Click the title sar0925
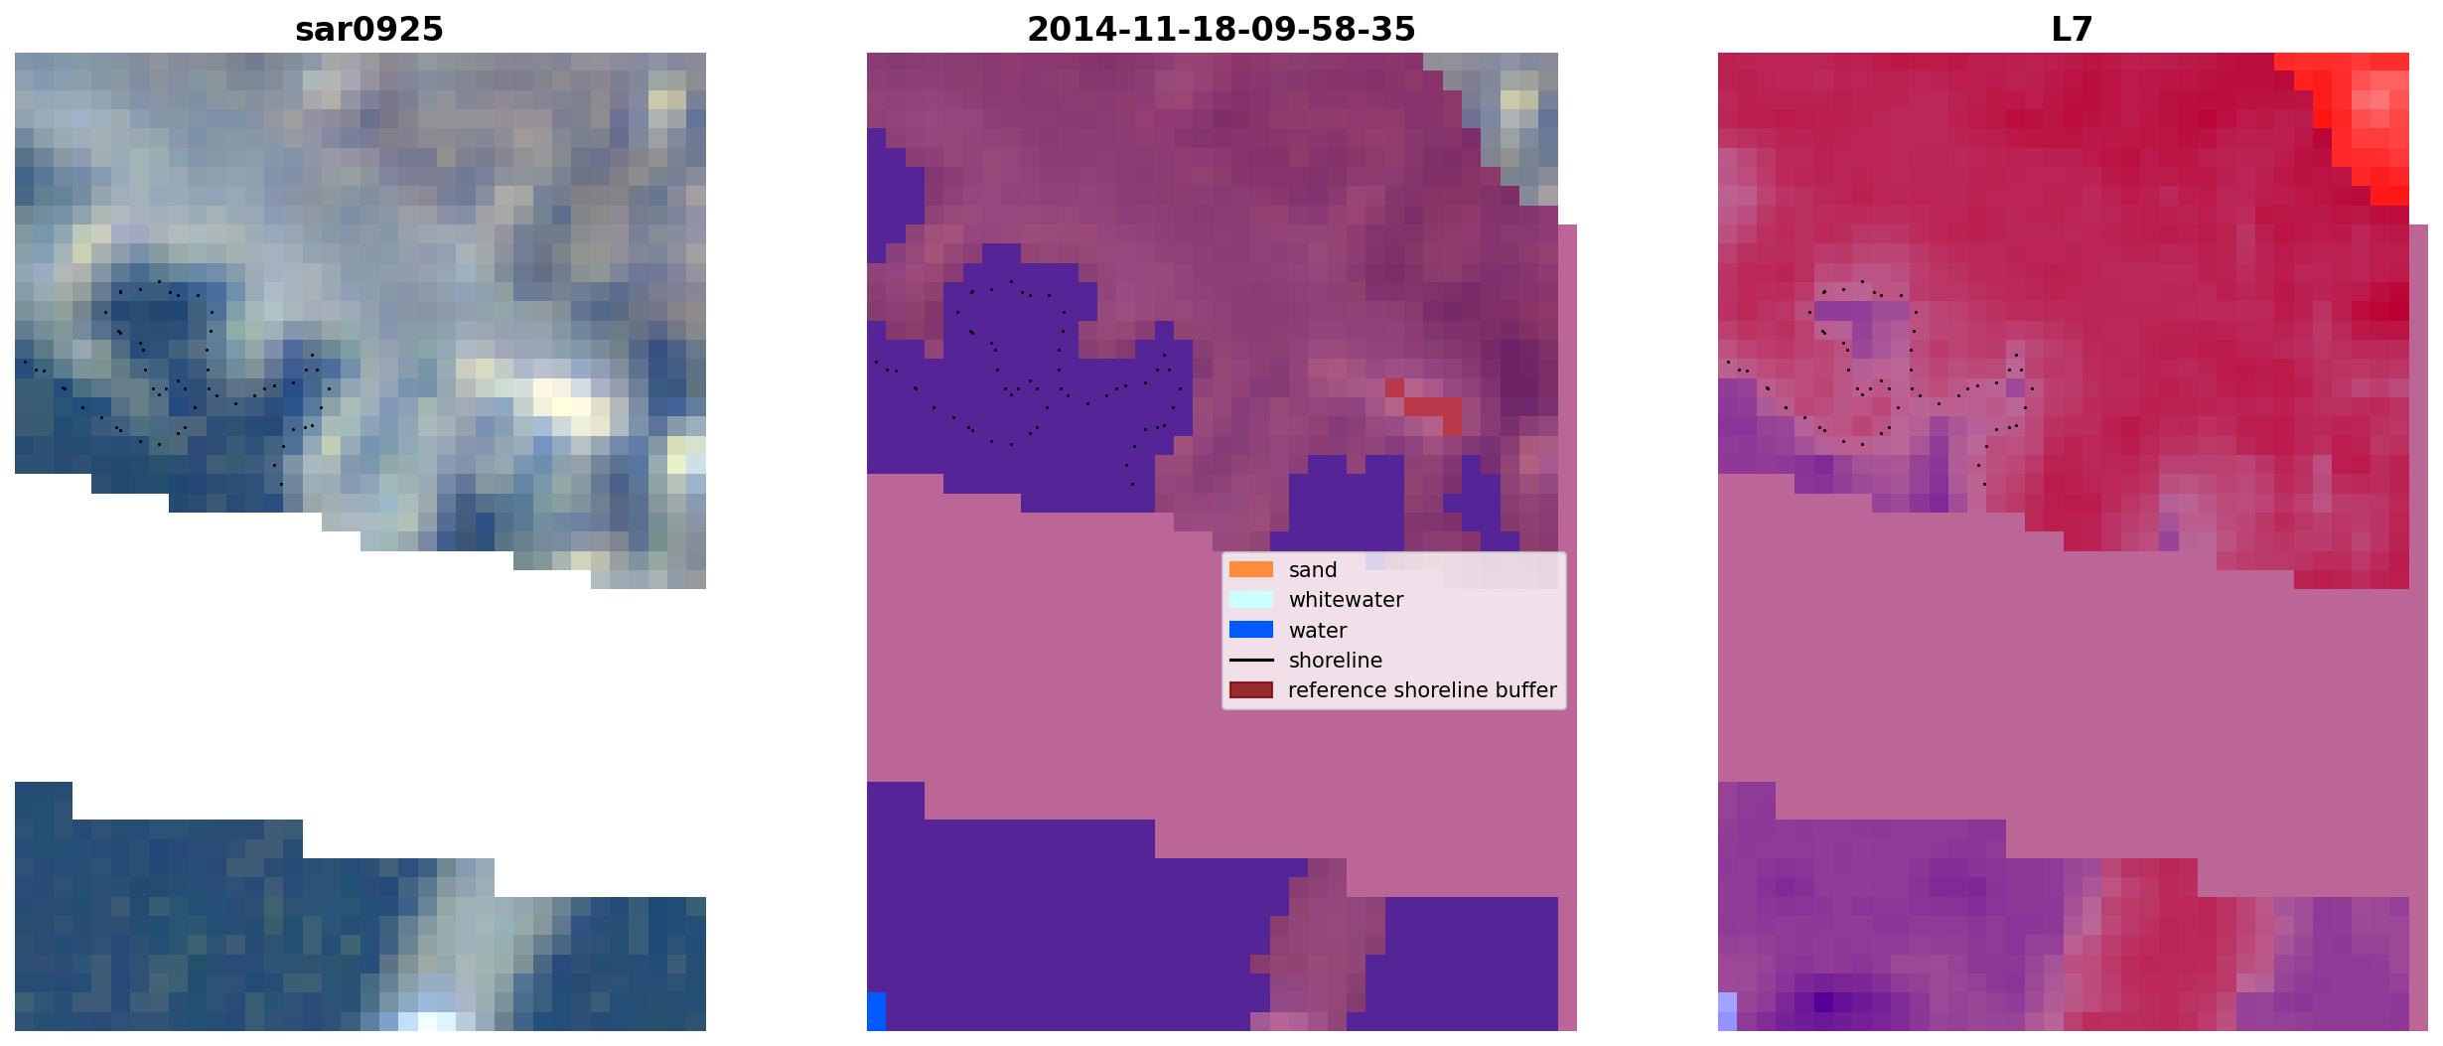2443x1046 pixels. pos(369,29)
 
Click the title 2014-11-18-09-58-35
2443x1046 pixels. pos(1221,29)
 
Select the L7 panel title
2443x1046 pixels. pos(2072,29)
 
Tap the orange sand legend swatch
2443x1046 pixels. pos(1251,569)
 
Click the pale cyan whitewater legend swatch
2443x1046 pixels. pos(1251,599)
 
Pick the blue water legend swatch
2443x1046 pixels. pos(1251,630)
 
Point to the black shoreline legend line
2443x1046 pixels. pos(1251,660)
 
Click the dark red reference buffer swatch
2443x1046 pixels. pos(1251,689)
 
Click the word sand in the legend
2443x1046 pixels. pos(1313,570)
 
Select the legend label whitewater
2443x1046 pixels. pos(1346,600)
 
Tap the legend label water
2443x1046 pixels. pos(1318,631)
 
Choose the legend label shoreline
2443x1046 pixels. pos(1336,661)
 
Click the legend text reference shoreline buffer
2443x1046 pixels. pos(1422,690)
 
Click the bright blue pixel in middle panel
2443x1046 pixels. pos(876,1011)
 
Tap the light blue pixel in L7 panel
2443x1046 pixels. pos(1727,1011)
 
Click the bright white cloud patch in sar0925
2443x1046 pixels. pos(566,397)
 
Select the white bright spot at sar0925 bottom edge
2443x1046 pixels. pos(427,1020)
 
